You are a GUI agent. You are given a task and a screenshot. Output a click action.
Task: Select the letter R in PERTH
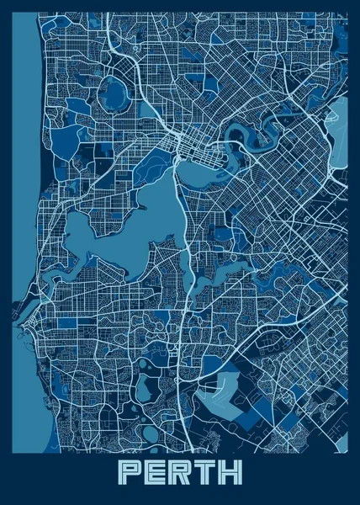pos(179,472)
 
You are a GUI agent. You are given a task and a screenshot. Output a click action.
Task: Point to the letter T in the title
pos(204,472)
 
